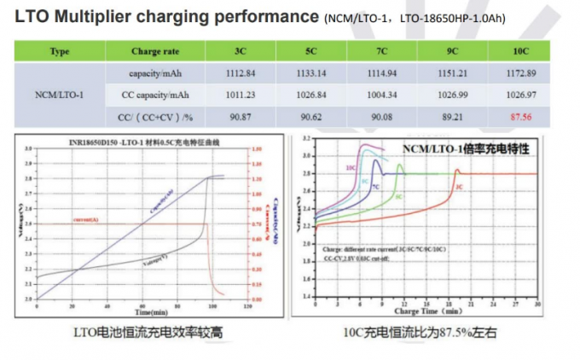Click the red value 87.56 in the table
pos(521,114)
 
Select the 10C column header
pos(521,51)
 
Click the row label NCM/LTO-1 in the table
pos(61,93)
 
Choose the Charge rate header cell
pos(153,51)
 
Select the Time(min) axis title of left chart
pos(137,314)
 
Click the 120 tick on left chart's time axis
pos(247,305)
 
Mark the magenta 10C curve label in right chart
pos(351,169)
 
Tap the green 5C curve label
pos(398,195)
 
